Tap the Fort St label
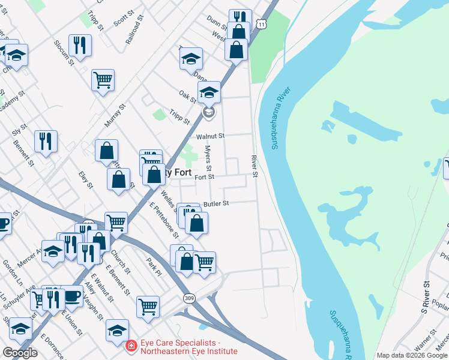coord(204,176)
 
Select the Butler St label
coord(216,204)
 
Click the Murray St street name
coord(114,115)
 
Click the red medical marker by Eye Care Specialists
coord(130,346)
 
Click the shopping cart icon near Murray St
coord(103,79)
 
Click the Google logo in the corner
coord(20,353)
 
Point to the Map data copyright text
coord(412,355)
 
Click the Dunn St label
coord(215,20)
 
